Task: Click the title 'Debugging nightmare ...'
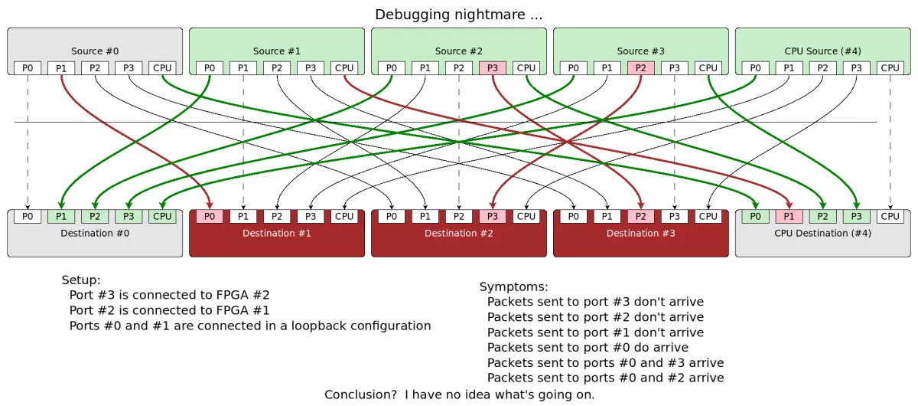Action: tap(459, 15)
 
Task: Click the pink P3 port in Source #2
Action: tap(492, 68)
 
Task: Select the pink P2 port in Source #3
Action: tap(640, 68)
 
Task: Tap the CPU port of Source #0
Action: tap(162, 68)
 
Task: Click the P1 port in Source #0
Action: tap(61, 68)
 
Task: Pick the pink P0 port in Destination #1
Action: tap(210, 217)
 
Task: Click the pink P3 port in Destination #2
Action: tap(492, 217)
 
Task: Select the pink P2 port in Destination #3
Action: tap(640, 217)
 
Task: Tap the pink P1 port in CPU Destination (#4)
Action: tap(789, 217)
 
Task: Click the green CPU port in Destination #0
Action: tap(162, 217)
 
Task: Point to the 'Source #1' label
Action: tap(277, 51)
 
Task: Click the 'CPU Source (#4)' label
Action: tap(822, 51)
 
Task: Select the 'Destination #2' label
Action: tap(459, 233)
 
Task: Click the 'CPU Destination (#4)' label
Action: tap(822, 233)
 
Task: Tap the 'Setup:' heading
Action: tap(81, 280)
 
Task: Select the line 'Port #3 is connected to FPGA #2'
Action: tap(169, 295)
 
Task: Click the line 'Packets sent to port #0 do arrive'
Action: tap(588, 347)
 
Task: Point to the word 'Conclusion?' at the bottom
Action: tap(360, 395)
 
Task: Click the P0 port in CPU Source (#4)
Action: tap(755, 68)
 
